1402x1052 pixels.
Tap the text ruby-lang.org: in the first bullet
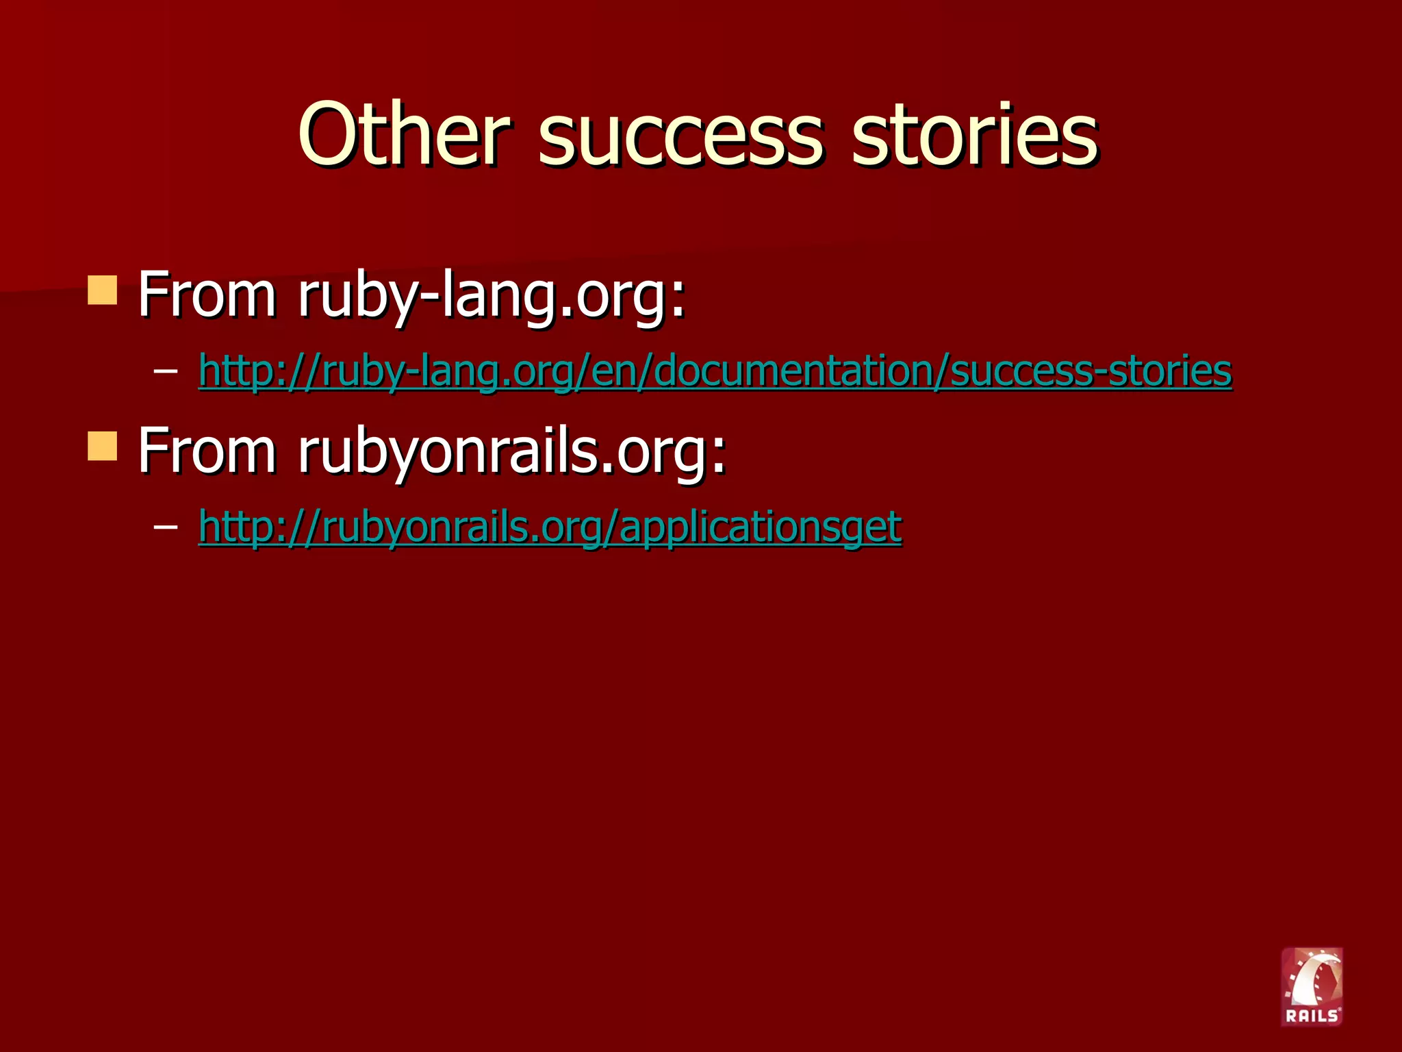[492, 296]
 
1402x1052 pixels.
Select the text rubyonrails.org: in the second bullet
[511, 451]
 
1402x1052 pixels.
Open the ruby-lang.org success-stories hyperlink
[715, 371]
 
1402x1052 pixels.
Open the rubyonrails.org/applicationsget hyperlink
[550, 527]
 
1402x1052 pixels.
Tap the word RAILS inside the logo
[1311, 1016]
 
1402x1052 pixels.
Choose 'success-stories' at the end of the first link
[1091, 371]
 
